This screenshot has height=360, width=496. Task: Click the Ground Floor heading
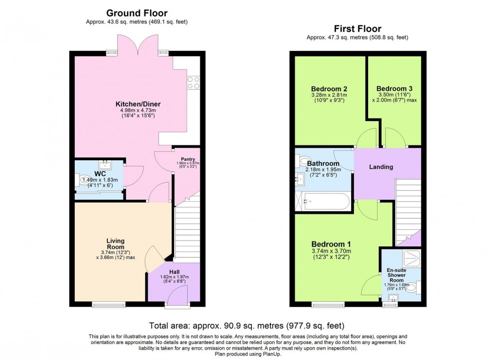[137, 13]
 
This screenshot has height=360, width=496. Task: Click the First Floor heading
[357, 29]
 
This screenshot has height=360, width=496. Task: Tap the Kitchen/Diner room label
[138, 104]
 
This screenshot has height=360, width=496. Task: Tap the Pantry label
[187, 158]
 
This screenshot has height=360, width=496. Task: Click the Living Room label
[116, 244]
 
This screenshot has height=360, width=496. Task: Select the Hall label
[174, 272]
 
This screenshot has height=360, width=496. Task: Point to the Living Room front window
[106, 305]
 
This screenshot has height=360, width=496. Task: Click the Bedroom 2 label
[329, 89]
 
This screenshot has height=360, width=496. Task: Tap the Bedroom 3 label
[394, 88]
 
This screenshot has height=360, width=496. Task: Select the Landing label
[381, 167]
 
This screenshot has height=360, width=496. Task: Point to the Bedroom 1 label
[331, 244]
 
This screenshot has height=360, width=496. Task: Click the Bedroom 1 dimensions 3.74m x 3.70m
[331, 251]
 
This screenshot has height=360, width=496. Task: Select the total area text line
[248, 326]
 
